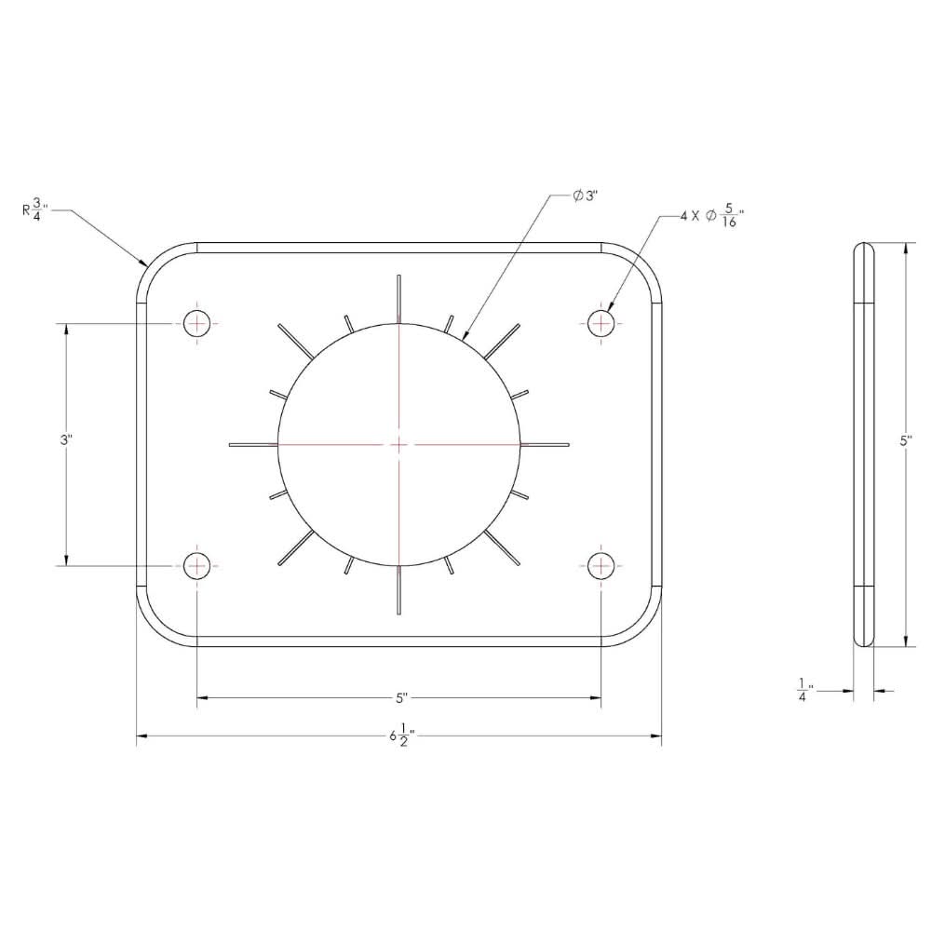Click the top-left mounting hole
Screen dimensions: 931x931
197,324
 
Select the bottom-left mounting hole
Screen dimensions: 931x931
197,564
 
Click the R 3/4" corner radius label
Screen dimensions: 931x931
35,209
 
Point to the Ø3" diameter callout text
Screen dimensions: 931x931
585,196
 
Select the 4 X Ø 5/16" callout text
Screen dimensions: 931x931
712,217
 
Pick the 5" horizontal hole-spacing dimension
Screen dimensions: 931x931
400,696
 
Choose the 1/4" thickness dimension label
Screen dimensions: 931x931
803,691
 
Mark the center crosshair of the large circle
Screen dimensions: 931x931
398,444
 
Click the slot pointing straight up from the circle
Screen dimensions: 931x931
398,299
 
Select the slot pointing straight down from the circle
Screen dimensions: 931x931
398,590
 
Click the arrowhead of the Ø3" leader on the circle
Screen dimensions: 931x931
465,333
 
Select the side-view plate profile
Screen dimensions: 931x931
865,444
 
